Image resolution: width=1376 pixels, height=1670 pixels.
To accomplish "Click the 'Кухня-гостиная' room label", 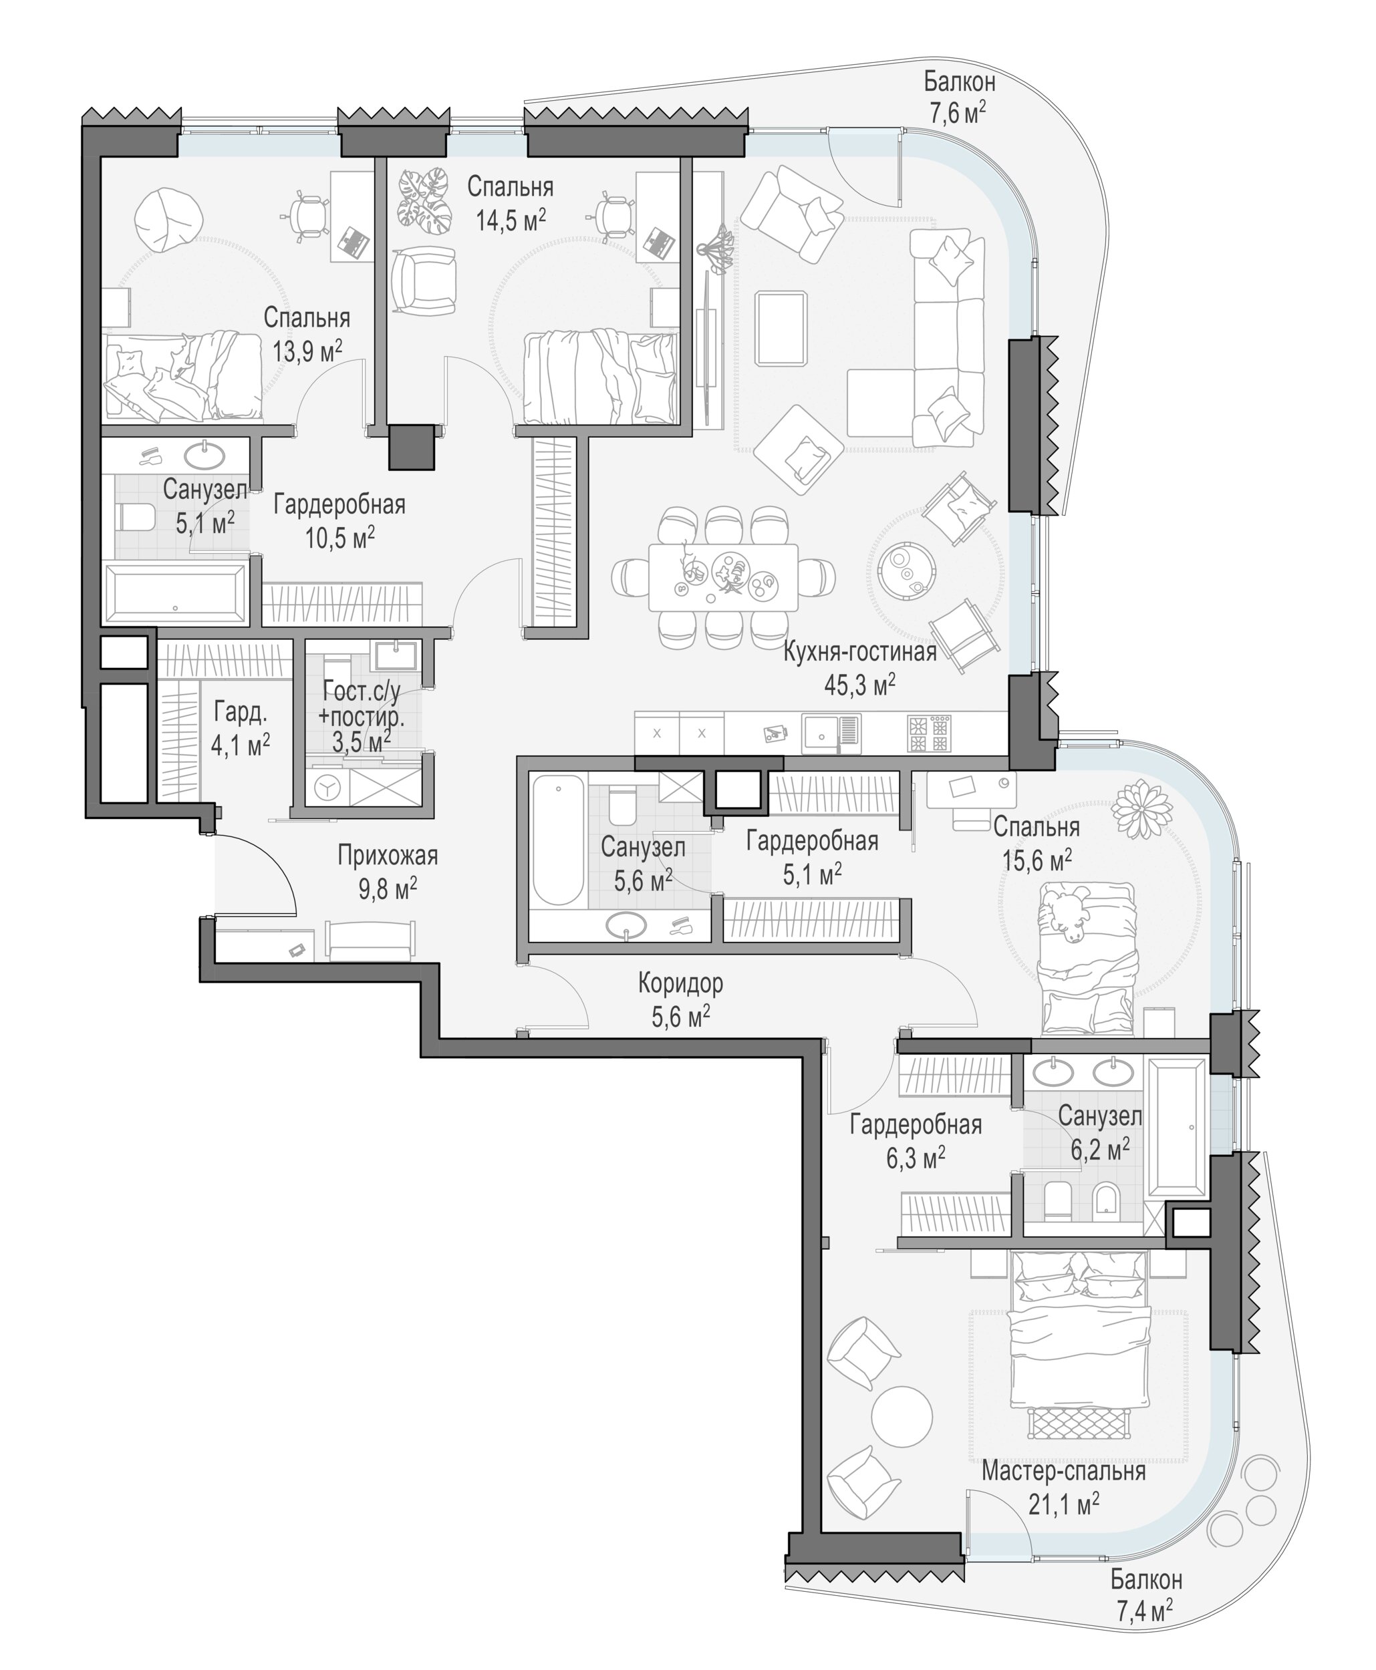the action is click(x=859, y=652).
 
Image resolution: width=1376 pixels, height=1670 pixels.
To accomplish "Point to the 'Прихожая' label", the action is click(x=388, y=856).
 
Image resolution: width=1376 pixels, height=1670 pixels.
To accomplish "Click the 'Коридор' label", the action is click(x=681, y=984).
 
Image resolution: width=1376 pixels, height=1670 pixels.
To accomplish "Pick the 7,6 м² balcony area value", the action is click(x=959, y=114).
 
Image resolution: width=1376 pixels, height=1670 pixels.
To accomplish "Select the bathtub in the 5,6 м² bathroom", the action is click(x=558, y=840).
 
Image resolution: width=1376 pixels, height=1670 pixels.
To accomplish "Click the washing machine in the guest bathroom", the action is click(x=325, y=788).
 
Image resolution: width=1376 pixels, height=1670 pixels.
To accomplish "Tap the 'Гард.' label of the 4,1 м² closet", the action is click(x=240, y=712).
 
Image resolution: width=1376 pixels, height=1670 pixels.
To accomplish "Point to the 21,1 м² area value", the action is click(x=1064, y=1504).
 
